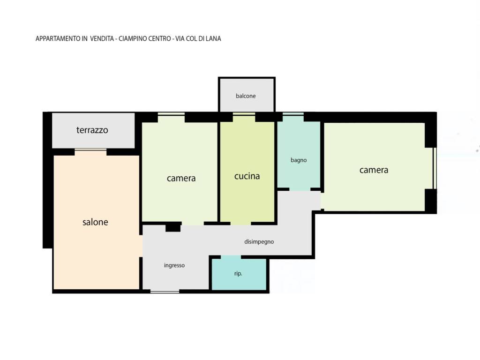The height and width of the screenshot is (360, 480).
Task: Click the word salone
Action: pyautogui.click(x=95, y=222)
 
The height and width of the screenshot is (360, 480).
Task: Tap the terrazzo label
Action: pyautogui.click(x=92, y=130)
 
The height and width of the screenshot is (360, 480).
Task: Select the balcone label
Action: pyautogui.click(x=246, y=96)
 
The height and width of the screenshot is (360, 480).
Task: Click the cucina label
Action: pyautogui.click(x=247, y=176)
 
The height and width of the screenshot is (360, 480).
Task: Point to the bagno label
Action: pyautogui.click(x=299, y=160)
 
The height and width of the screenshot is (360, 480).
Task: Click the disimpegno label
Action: pyautogui.click(x=259, y=242)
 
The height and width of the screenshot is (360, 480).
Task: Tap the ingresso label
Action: pyautogui.click(x=174, y=265)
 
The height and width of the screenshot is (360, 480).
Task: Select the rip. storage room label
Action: pyautogui.click(x=238, y=273)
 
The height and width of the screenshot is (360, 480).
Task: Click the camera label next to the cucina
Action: pyautogui.click(x=181, y=178)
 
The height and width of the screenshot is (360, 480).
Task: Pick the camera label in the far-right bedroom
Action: pyautogui.click(x=374, y=170)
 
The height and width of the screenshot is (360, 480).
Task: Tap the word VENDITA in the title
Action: pyautogui.click(x=102, y=38)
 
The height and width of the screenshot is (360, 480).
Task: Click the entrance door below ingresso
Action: pyautogui.click(x=165, y=292)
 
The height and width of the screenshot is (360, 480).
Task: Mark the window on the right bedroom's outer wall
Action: pyautogui.click(x=435, y=168)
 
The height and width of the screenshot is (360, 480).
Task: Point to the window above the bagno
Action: pyautogui.click(x=293, y=114)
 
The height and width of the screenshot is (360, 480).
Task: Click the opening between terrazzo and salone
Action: pyautogui.click(x=90, y=150)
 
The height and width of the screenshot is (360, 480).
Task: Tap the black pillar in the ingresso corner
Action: pyautogui.click(x=173, y=228)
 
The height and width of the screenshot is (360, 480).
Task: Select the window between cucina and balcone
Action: pyautogui.click(x=244, y=114)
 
